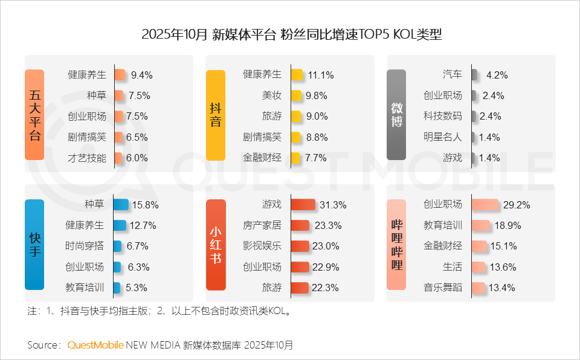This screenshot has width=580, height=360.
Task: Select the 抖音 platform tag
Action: coord(216,115)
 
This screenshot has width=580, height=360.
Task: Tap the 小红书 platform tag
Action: coord(216,245)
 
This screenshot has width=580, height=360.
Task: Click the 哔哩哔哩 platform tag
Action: coord(396,245)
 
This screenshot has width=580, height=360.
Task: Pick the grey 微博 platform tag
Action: coord(396,115)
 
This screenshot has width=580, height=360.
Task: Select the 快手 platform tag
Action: coord(34,245)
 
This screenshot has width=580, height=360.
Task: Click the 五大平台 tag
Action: coord(34,115)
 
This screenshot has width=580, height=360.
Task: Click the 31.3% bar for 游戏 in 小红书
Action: coord(303,205)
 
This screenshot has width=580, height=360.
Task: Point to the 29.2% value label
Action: coord(517,205)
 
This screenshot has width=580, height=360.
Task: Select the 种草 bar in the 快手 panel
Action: coord(120,205)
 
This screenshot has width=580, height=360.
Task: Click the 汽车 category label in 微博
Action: coord(452,75)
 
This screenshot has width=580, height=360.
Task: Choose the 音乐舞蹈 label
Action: coord(443,288)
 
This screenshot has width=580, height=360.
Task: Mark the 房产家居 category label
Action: coord(262,225)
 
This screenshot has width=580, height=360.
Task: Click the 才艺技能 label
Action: coord(87,158)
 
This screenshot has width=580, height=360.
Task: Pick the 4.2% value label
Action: coord(497,76)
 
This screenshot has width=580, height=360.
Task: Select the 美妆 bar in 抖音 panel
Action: coord(296,95)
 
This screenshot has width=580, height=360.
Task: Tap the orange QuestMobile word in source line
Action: coord(95,346)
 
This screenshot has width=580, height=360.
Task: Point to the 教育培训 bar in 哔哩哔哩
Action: coord(481,225)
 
